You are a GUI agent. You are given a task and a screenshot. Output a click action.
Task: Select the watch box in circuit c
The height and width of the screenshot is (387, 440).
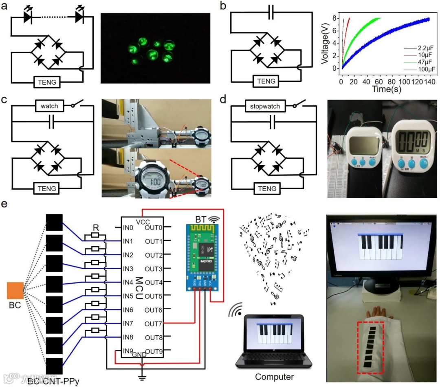(x=49, y=106)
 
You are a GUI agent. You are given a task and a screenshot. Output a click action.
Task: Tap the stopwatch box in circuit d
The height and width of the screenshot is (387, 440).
(x=265, y=106)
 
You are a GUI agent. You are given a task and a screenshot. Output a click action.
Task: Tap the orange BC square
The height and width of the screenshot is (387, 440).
(x=15, y=291)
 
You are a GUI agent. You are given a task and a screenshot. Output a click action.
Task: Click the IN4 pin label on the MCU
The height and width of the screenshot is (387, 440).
(x=129, y=282)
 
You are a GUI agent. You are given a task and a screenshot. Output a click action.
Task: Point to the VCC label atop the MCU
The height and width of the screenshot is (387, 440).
(x=143, y=222)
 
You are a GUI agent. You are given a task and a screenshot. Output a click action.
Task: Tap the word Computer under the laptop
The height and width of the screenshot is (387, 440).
(x=274, y=376)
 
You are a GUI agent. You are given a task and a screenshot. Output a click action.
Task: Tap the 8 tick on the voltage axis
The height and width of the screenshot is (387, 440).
(x=335, y=18)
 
